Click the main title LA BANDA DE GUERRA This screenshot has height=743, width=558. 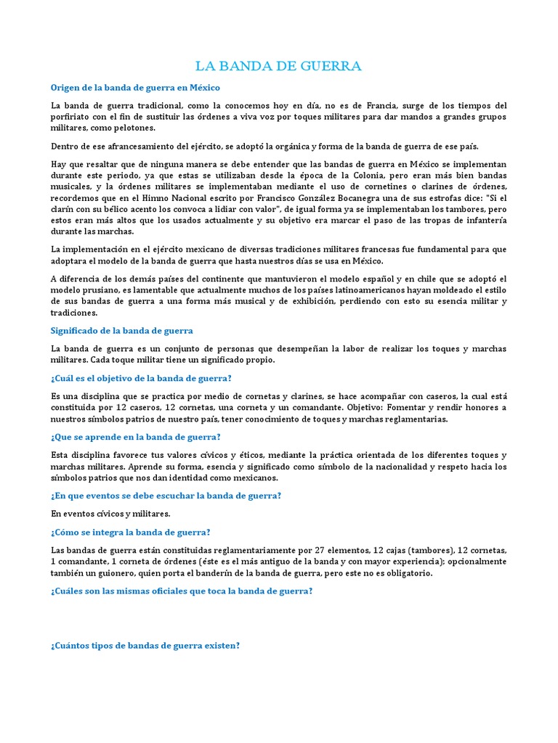pyautogui.click(x=278, y=67)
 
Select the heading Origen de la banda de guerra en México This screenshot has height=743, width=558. pyautogui.click(x=135, y=88)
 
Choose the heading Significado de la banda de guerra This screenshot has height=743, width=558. pyautogui.click(x=121, y=331)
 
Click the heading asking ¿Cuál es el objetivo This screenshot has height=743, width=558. pyautogui.click(x=141, y=378)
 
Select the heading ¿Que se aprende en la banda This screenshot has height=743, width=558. pyautogui.click(x=135, y=437)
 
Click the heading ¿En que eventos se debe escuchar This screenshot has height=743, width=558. pyautogui.click(x=166, y=496)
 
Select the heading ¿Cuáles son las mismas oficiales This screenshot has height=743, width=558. pyautogui.click(x=182, y=591)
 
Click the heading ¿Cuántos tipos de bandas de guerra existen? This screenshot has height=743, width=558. pyautogui.click(x=145, y=646)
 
